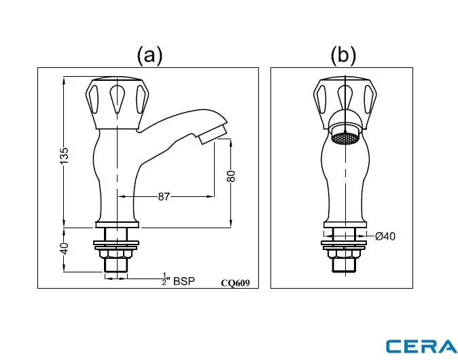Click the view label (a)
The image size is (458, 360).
[x=149, y=54]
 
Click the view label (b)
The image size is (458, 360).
[x=342, y=54]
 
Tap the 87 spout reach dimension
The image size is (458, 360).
[x=164, y=196]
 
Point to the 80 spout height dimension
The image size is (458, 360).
[x=231, y=175]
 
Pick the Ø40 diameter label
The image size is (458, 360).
[x=385, y=236]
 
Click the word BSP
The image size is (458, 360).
[x=184, y=280]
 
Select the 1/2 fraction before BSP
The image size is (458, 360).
[x=164, y=279]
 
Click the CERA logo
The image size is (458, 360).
[x=421, y=345]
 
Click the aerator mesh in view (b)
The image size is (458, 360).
[x=345, y=138]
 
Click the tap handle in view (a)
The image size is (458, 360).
[x=118, y=103]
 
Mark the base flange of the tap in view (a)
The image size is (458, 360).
[x=118, y=224]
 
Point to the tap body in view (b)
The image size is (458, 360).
[x=345, y=180]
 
